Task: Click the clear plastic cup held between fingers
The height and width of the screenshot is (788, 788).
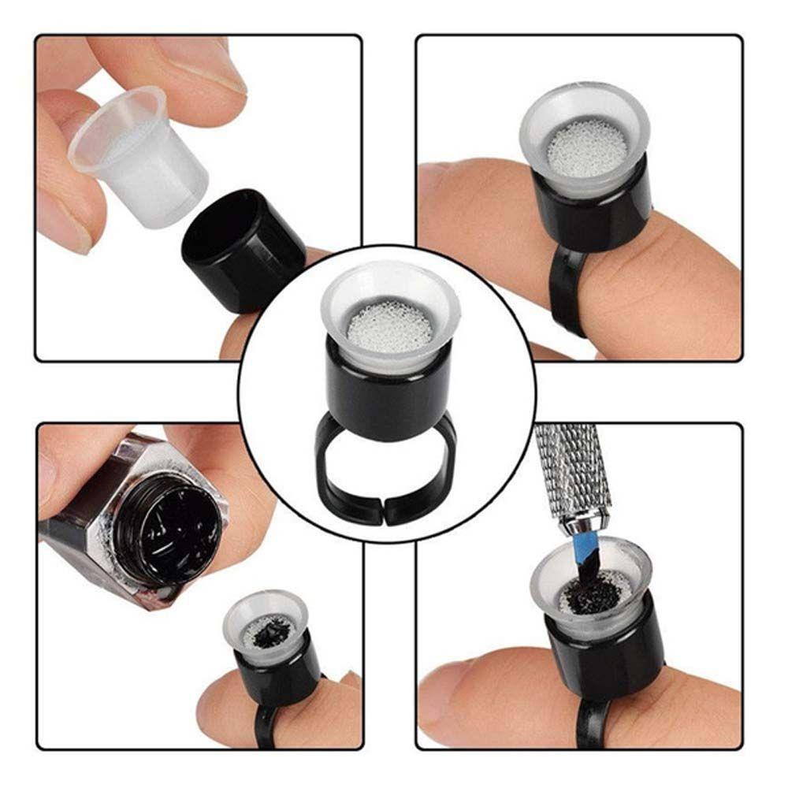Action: (x=142, y=158)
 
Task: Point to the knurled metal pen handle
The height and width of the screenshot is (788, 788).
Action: (x=567, y=465)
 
